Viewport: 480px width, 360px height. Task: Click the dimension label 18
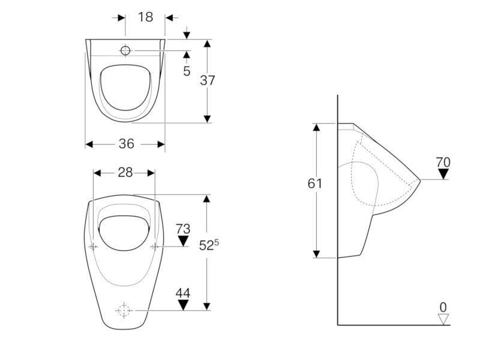pos(145,17)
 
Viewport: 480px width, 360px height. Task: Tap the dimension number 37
pos(208,80)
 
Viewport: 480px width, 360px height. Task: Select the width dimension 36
pos(127,143)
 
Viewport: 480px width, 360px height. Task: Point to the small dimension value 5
pos(187,71)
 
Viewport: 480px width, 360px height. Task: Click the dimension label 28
pos(125,173)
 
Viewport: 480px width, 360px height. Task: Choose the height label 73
pos(183,229)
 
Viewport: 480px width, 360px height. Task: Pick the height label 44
pos(183,293)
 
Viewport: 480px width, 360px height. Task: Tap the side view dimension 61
pos(314,184)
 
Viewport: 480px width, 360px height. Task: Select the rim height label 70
pos(443,162)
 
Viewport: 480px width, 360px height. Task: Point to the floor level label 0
pos(443,307)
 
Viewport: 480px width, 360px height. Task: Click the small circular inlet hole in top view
pos(125,50)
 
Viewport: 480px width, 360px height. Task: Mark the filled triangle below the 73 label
pos(183,241)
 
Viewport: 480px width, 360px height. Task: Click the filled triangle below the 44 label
pos(183,305)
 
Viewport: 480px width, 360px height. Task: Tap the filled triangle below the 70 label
pos(443,174)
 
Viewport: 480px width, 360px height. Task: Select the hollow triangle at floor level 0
pos(443,319)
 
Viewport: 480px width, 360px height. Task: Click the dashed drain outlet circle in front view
pos(124,310)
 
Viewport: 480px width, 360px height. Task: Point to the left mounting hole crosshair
pos(94,247)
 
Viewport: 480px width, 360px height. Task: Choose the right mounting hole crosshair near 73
pos(155,247)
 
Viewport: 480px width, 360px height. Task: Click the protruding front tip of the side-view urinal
pos(420,181)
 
